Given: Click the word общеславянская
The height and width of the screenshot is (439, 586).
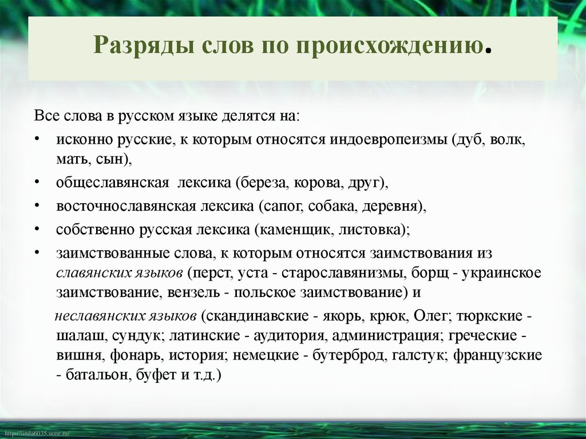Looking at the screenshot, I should click(x=112, y=184).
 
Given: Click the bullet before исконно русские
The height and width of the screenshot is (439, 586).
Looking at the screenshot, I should click(x=36, y=140).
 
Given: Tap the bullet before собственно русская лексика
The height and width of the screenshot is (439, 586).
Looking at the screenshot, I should click(x=36, y=229).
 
